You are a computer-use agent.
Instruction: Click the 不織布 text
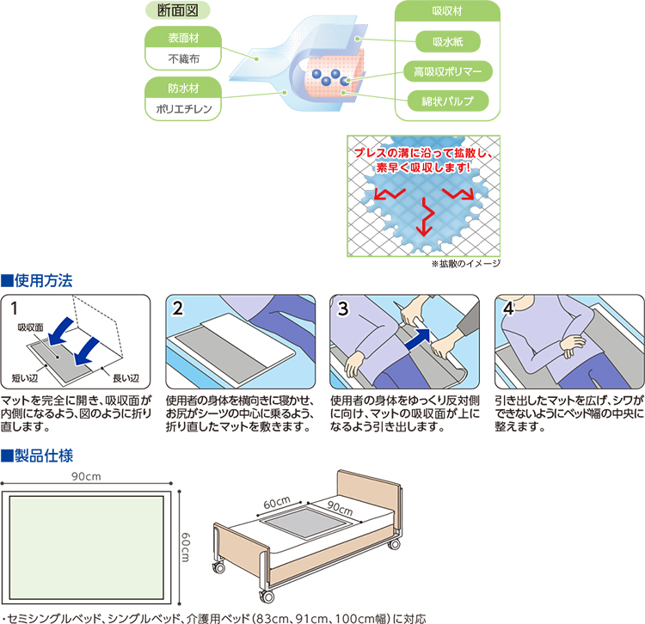(x=183, y=58)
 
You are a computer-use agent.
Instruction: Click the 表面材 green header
(x=183, y=37)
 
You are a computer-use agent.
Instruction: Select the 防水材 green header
(x=183, y=87)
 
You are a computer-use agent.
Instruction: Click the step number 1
(x=15, y=307)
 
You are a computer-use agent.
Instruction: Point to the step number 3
(x=343, y=307)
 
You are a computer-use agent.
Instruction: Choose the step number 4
(x=508, y=307)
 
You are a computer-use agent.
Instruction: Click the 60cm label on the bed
(x=278, y=502)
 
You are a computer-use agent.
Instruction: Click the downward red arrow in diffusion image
(x=423, y=222)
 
